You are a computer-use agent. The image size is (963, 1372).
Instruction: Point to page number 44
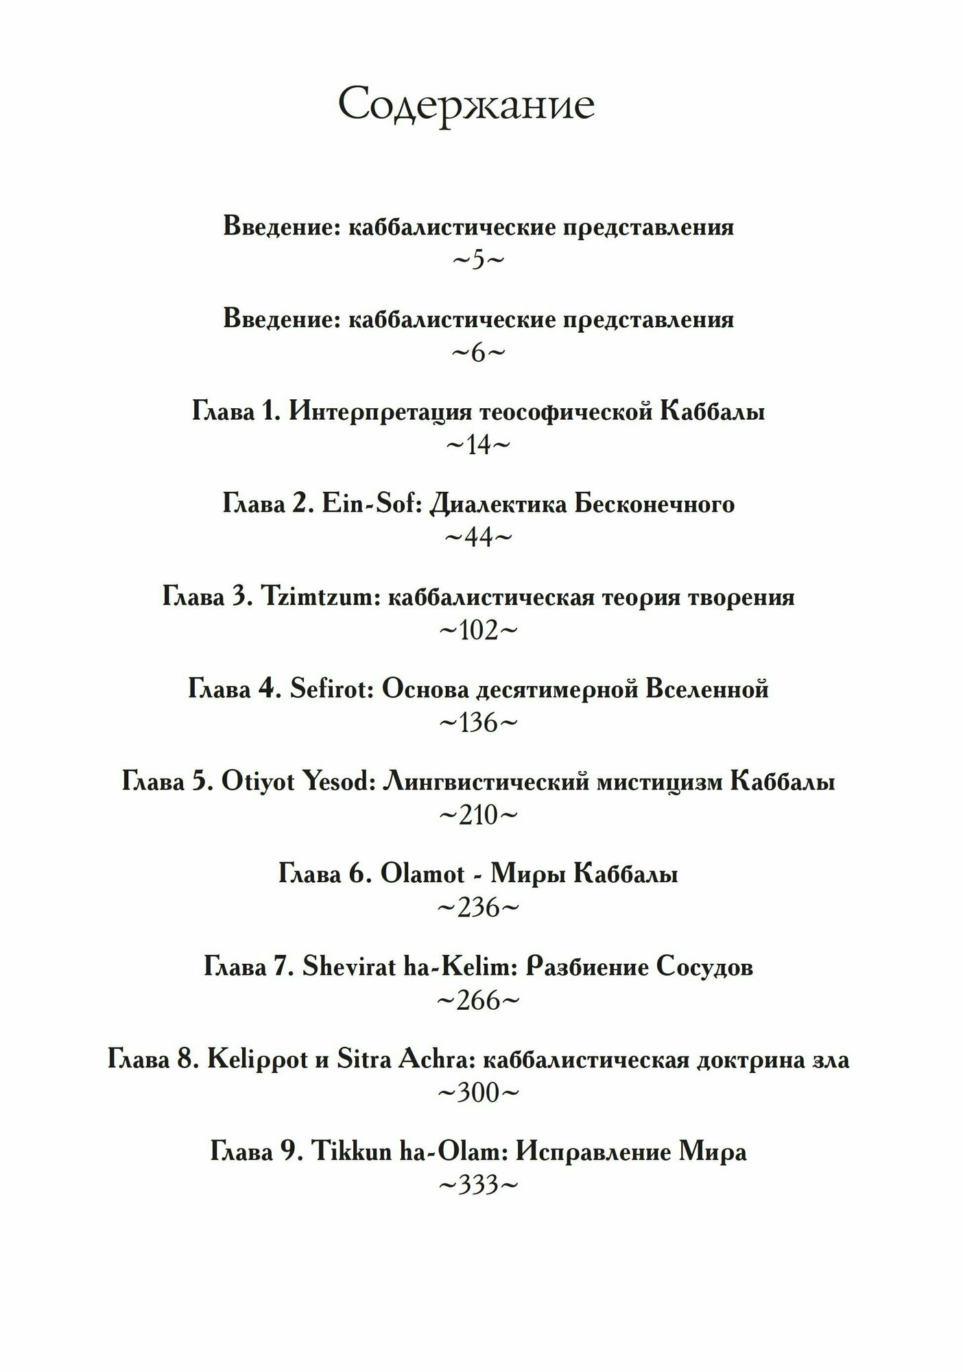[478, 538]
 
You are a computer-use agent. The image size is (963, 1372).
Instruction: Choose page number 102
[478, 630]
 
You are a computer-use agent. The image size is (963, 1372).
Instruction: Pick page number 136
[478, 723]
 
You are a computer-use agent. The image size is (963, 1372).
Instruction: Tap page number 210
[478, 816]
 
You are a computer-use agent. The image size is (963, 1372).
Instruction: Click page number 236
[478, 908]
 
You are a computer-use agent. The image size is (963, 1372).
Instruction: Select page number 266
[478, 1001]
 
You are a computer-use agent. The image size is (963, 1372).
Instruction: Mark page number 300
[478, 1093]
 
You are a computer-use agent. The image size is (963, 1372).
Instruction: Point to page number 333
[478, 1186]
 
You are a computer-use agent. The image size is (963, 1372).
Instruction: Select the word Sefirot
[331, 689]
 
